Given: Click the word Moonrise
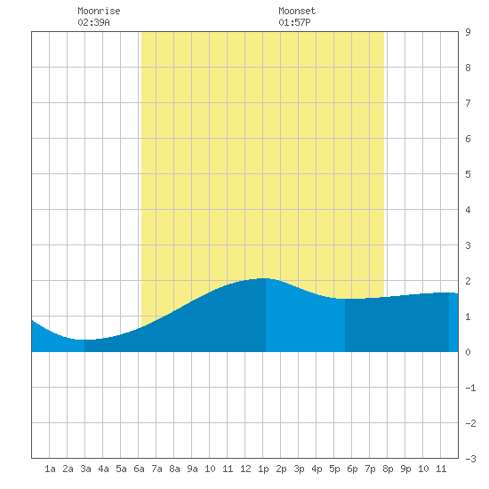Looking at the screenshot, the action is [x=99, y=11].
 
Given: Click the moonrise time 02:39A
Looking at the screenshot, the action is [x=93, y=22].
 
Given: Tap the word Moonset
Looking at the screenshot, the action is [x=297, y=11].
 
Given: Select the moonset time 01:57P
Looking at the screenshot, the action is [x=294, y=22].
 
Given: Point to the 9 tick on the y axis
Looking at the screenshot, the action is [x=468, y=32].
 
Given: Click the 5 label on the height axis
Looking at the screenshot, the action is [x=468, y=174].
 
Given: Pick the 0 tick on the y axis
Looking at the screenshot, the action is [x=468, y=352].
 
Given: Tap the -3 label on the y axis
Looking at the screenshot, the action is [x=470, y=459].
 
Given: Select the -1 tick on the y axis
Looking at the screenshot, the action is [x=470, y=388].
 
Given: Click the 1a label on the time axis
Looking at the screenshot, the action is [x=50, y=469].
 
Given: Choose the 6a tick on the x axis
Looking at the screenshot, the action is [x=139, y=469].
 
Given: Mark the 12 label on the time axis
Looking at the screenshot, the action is [x=245, y=469].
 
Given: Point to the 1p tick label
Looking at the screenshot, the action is [x=263, y=469].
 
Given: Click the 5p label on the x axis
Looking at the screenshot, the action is [x=334, y=469].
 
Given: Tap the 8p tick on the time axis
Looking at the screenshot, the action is [x=388, y=469].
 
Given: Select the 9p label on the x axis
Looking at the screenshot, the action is [x=405, y=469].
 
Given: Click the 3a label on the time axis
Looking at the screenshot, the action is [x=85, y=469].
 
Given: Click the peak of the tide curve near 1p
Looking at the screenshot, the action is [x=263, y=278].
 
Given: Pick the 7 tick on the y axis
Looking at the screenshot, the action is [x=468, y=103].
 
